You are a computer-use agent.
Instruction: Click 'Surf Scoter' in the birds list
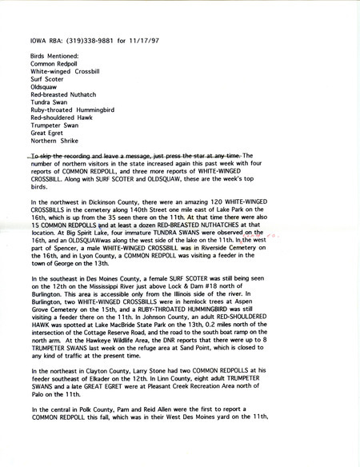tap(46, 80)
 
